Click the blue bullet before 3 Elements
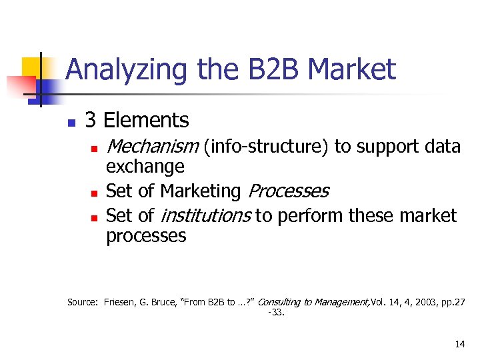(71, 123)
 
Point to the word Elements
(147, 121)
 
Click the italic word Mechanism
(152, 146)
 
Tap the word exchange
(145, 167)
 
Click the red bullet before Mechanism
(95, 148)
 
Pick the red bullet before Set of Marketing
(95, 193)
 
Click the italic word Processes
(288, 191)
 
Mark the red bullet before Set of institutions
(95, 217)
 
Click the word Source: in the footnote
(83, 302)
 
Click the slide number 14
(459, 345)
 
